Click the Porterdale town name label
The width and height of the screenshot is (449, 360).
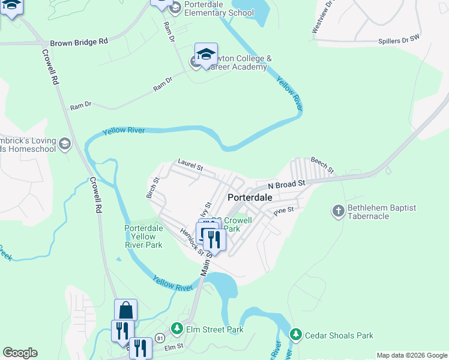(250, 197)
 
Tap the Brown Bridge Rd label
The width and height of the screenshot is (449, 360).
(79, 43)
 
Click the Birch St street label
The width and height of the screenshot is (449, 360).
(152, 188)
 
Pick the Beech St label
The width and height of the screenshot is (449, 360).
(321, 163)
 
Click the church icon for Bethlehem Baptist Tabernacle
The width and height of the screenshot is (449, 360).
(339, 211)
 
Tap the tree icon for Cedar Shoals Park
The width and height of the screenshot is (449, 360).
(295, 335)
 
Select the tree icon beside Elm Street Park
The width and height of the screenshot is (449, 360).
(176, 328)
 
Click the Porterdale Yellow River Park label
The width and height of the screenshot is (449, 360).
(143, 236)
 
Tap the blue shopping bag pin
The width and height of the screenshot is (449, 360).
(126, 310)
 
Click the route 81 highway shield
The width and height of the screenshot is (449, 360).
(159, 338)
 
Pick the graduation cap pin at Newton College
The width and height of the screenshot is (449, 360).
(206, 55)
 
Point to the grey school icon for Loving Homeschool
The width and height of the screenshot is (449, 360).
(65, 144)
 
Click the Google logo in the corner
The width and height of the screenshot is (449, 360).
(20, 353)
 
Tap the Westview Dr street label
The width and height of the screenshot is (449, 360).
(322, 17)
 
